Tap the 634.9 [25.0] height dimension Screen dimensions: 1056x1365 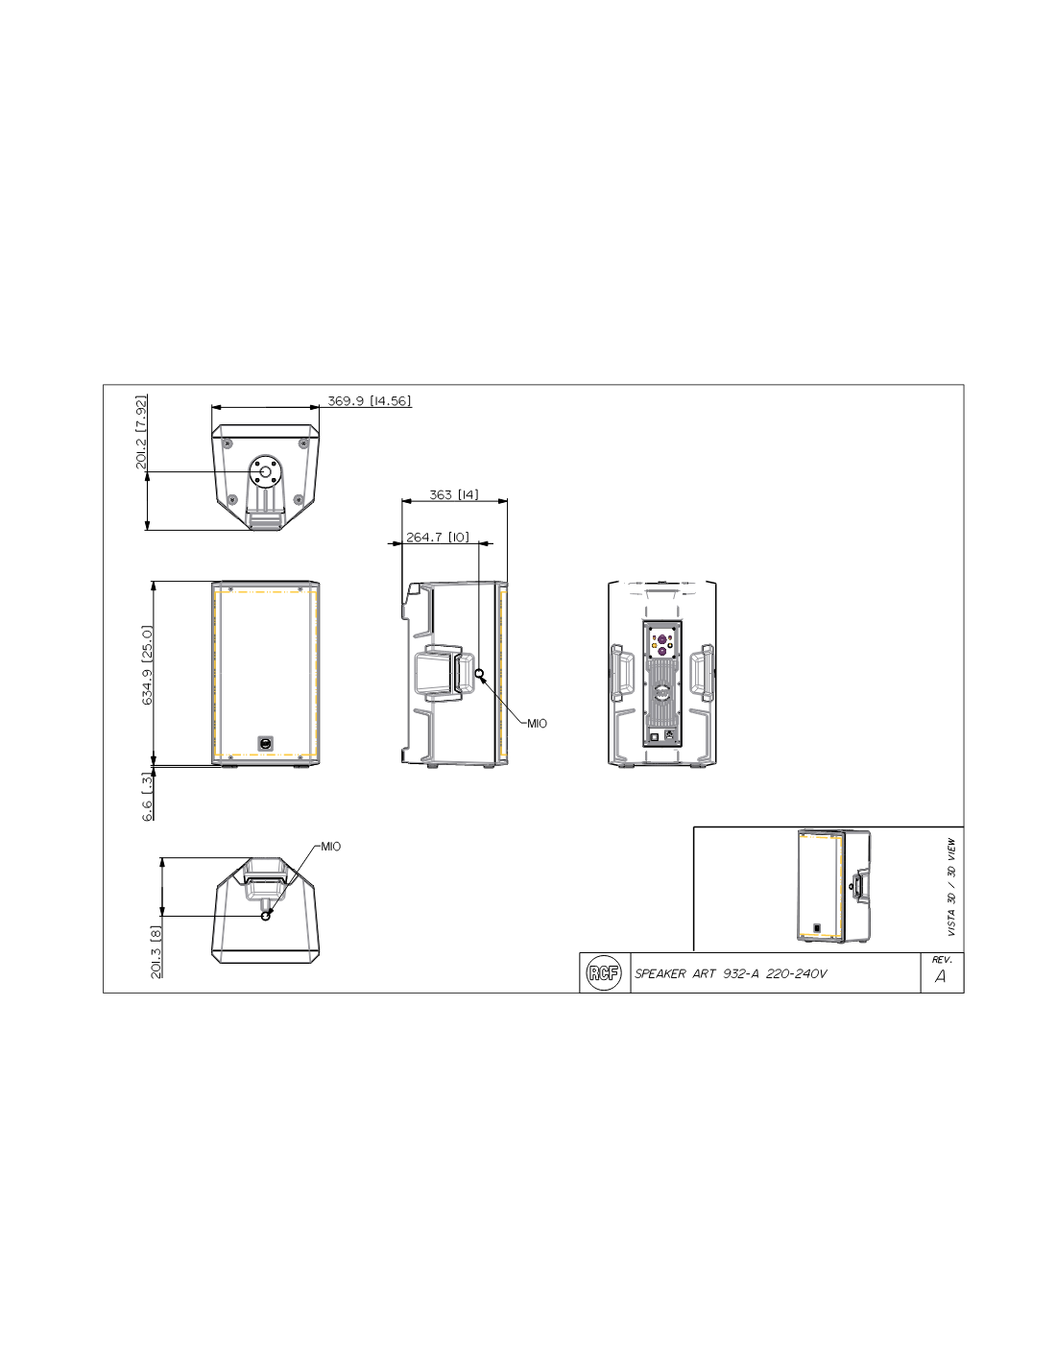(x=147, y=664)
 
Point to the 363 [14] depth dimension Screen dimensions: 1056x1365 (x=453, y=494)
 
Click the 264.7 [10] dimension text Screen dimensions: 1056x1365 (x=437, y=538)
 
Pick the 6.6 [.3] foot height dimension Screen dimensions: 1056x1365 (x=147, y=797)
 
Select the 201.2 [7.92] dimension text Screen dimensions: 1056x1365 (x=141, y=432)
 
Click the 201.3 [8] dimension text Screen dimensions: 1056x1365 (x=156, y=951)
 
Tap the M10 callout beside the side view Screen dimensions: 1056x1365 (x=537, y=723)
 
